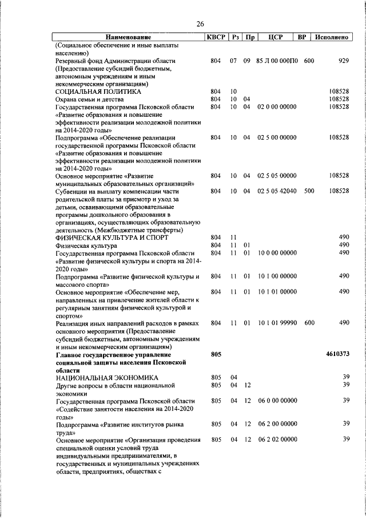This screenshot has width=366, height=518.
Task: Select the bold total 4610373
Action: click(337, 354)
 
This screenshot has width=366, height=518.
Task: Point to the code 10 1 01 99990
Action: click(277, 323)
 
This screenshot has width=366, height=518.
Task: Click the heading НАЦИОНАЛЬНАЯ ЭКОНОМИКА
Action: click(107, 378)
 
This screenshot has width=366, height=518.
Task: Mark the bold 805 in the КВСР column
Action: click(216, 354)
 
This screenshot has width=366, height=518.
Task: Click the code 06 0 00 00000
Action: click(277, 401)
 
